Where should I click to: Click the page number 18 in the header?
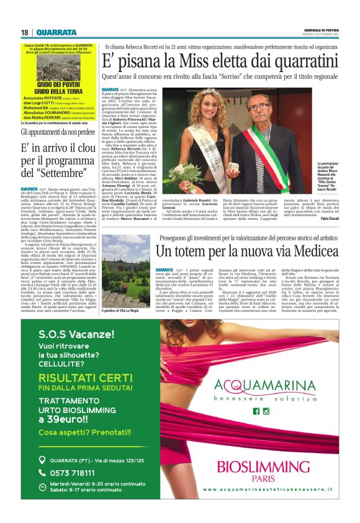tap(24, 32)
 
